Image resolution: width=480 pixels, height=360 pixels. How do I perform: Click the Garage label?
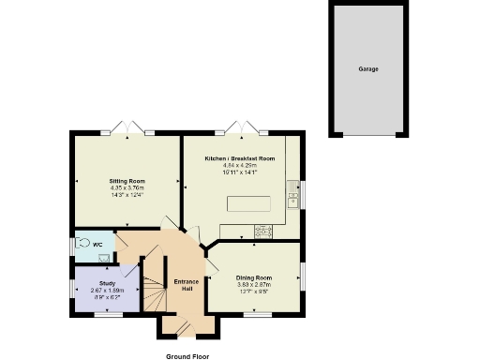[x=367, y=68]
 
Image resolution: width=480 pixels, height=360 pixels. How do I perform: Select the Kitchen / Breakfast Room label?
[x=240, y=159]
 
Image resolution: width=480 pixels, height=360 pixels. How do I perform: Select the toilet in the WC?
[x=86, y=244]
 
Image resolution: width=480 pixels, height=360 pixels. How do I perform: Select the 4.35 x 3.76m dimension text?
[x=126, y=187]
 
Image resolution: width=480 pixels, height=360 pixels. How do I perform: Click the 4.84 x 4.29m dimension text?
[x=240, y=167]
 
